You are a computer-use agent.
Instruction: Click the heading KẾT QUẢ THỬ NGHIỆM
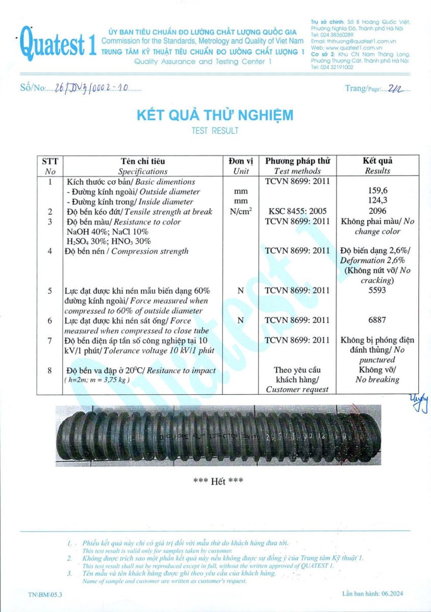[x=215, y=115]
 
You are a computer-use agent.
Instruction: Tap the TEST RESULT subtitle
[x=215, y=131]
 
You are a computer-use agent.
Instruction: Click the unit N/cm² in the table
[x=241, y=211]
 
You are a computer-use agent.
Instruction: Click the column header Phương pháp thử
[x=297, y=161]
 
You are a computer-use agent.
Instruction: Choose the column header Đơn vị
[x=241, y=161]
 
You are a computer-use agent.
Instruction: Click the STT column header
[x=50, y=161]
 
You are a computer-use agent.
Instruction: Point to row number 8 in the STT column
[x=50, y=370]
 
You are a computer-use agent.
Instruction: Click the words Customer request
[x=297, y=390]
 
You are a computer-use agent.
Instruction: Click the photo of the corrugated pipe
[x=218, y=436]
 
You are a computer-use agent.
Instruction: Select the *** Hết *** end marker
[x=218, y=481]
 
